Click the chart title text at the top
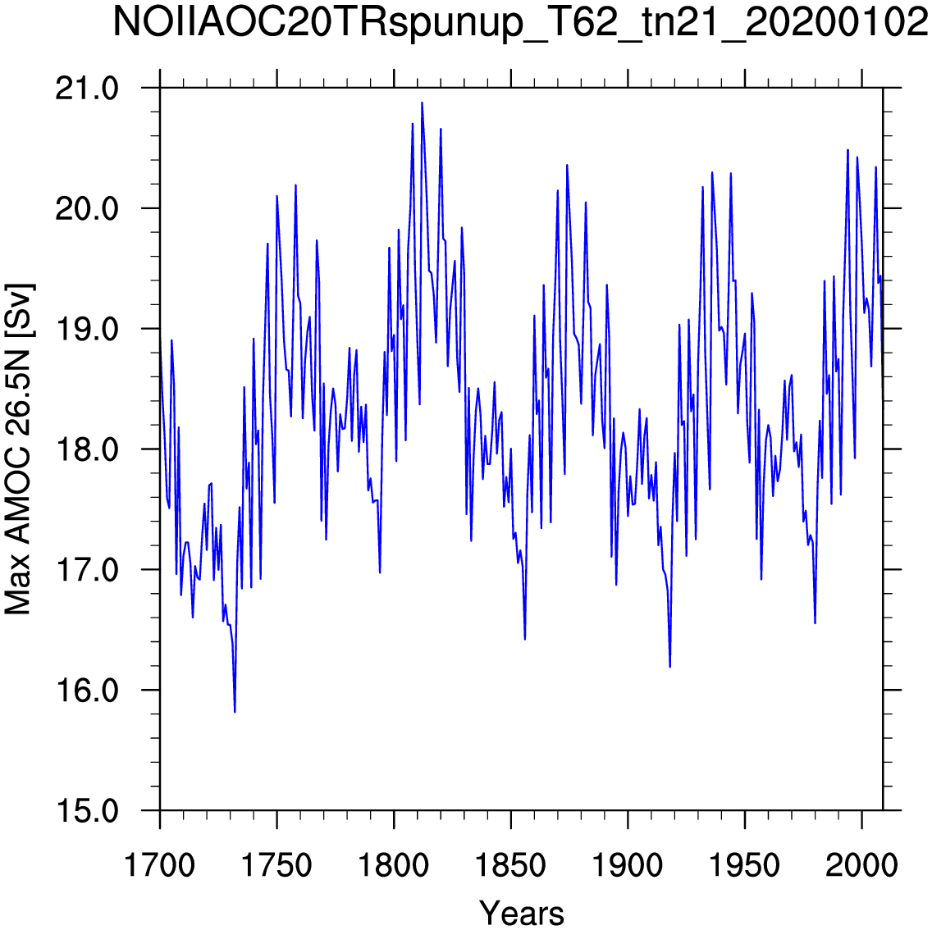pyautogui.click(x=521, y=23)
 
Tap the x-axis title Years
pyautogui.click(x=521, y=912)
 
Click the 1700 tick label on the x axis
pyautogui.click(x=159, y=865)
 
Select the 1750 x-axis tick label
pyautogui.click(x=276, y=865)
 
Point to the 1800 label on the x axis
pyautogui.click(x=393, y=865)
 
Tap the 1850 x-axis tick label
pyautogui.click(x=510, y=865)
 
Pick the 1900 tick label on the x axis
pyautogui.click(x=627, y=865)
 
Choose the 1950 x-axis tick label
pyautogui.click(x=744, y=865)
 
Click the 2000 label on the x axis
pyautogui.click(x=861, y=865)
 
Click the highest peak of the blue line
pyautogui.click(x=422, y=103)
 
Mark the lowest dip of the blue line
pyautogui.click(x=235, y=712)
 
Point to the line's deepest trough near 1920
pyautogui.click(x=669, y=667)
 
